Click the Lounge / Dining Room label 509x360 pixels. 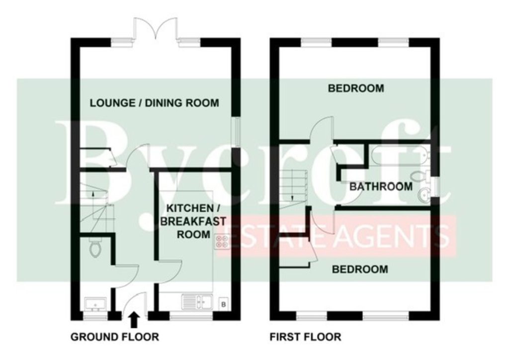(x=154, y=103)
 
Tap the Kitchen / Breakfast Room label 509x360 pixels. (x=193, y=221)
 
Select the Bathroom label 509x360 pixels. (x=381, y=186)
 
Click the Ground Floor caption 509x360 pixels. (x=115, y=337)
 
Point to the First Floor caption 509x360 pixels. (x=306, y=337)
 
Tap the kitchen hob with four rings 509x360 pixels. (x=222, y=242)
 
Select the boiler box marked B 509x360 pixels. (x=223, y=304)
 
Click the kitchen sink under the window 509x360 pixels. (x=197, y=301)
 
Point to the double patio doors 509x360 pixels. (x=155, y=30)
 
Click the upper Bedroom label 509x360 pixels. (x=356, y=89)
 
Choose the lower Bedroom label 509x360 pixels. (x=360, y=269)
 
